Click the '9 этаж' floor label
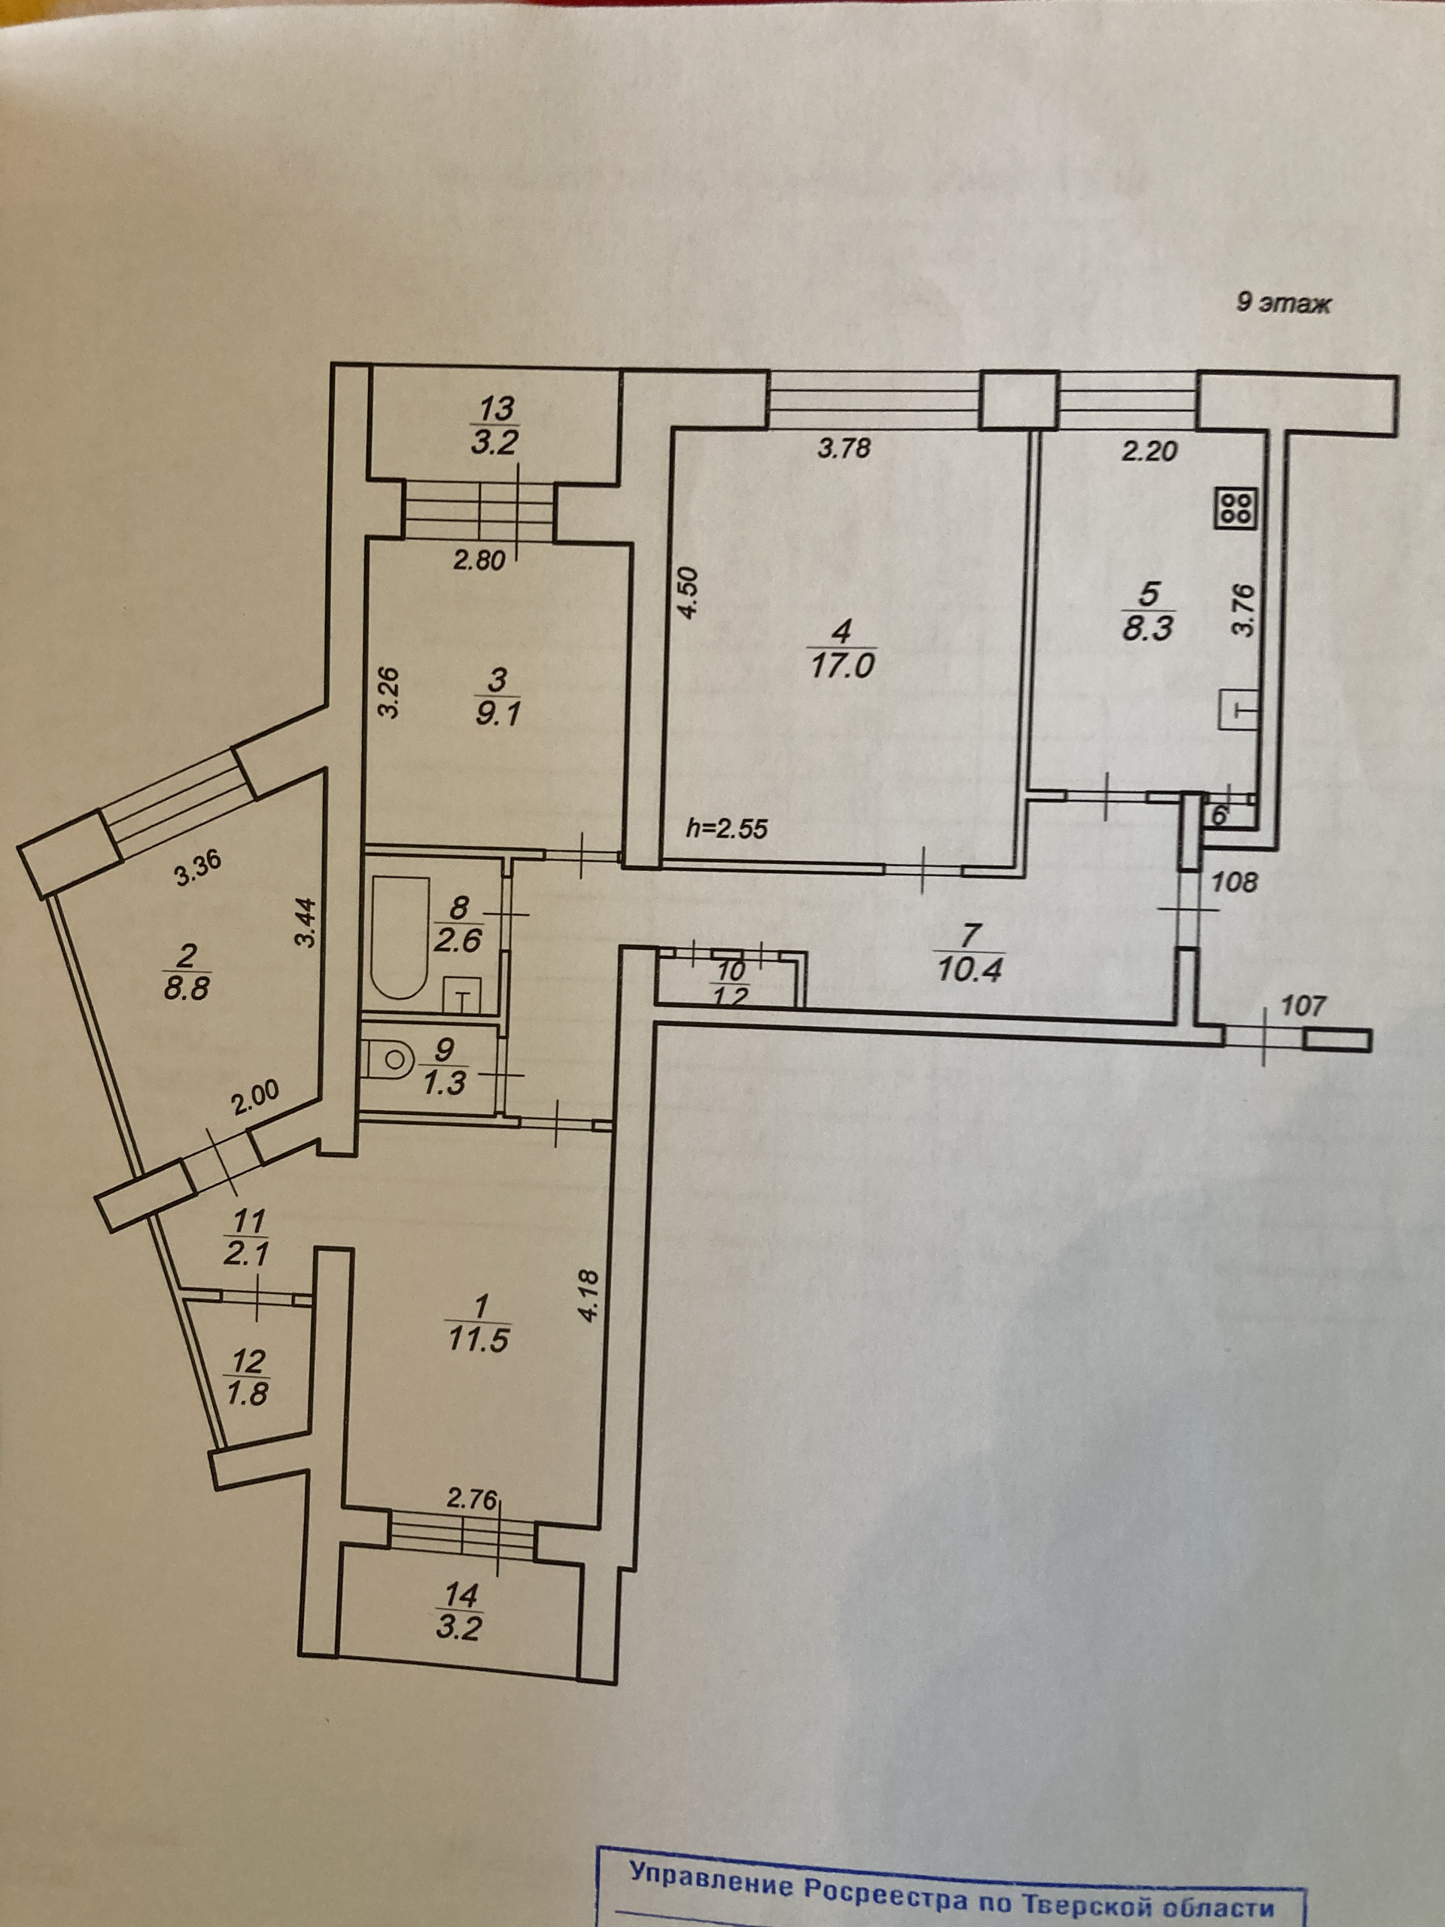click(x=1284, y=303)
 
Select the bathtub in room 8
click(x=400, y=937)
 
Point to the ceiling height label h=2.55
click(x=727, y=827)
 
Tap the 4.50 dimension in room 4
click(x=687, y=593)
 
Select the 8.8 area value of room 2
click(x=187, y=989)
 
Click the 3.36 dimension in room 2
click(x=199, y=869)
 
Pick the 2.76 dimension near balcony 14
click(x=471, y=1500)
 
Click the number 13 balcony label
click(x=496, y=408)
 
